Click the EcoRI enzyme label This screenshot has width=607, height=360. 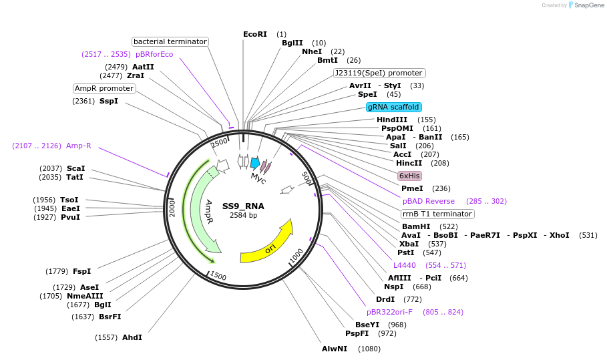coord(254,34)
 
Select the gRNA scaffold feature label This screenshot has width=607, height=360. coord(393,107)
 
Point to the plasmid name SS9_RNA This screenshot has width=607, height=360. coord(243,206)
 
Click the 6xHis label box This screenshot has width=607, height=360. coord(409,176)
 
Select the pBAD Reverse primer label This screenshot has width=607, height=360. coord(428,201)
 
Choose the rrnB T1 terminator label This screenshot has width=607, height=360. coord(437,214)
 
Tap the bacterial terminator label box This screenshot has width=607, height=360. coord(170,41)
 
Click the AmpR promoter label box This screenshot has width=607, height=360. coord(104,88)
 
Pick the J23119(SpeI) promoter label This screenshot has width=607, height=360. coord(379,73)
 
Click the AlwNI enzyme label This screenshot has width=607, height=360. coord(334,349)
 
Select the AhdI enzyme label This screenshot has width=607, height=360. coord(132,337)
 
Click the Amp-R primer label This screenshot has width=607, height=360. coord(78,146)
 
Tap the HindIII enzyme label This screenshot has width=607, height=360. coord(391,120)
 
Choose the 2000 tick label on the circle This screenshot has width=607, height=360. coord(172,208)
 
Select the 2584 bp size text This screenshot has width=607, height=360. coord(243,215)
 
